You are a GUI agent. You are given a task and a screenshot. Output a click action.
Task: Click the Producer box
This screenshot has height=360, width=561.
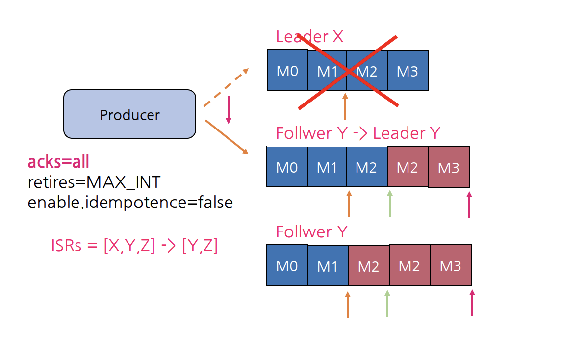(129, 114)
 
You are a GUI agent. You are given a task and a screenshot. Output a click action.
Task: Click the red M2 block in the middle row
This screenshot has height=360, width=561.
(408, 167)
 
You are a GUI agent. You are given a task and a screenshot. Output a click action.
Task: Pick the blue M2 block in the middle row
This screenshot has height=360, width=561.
(366, 167)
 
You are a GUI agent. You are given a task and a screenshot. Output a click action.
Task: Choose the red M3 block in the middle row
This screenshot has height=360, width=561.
(449, 168)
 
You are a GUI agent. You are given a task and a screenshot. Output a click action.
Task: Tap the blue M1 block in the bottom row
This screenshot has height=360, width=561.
(328, 266)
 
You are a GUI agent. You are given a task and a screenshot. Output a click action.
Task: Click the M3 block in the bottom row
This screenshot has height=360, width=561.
(451, 266)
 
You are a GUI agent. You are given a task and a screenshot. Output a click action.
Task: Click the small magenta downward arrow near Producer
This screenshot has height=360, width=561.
(228, 110)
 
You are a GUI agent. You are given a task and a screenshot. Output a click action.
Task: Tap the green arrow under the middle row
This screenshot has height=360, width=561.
(390, 203)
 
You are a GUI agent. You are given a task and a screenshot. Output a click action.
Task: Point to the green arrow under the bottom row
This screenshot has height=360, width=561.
(387, 303)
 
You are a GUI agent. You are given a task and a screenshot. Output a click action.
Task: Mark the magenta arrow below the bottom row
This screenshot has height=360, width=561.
(472, 302)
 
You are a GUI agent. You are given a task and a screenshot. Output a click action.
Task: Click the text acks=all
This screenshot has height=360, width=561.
(58, 161)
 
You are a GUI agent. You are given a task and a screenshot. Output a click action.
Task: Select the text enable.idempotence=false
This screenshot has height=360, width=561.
(130, 202)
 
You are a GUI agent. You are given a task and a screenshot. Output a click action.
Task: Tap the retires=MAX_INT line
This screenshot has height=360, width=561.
(94, 182)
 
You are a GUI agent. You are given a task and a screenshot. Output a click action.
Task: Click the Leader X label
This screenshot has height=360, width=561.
(309, 37)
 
